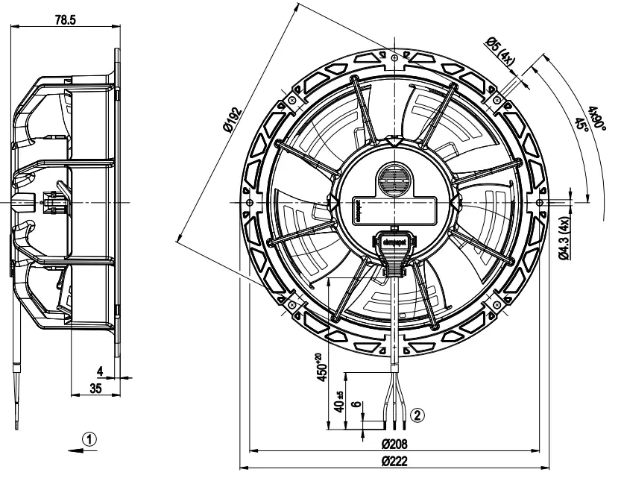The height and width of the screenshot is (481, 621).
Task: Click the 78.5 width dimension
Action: [65, 20]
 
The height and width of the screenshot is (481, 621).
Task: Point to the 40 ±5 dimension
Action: [340, 403]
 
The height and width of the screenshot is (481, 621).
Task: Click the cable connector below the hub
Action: [392, 254]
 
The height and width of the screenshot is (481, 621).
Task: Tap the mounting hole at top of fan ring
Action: [393, 55]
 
